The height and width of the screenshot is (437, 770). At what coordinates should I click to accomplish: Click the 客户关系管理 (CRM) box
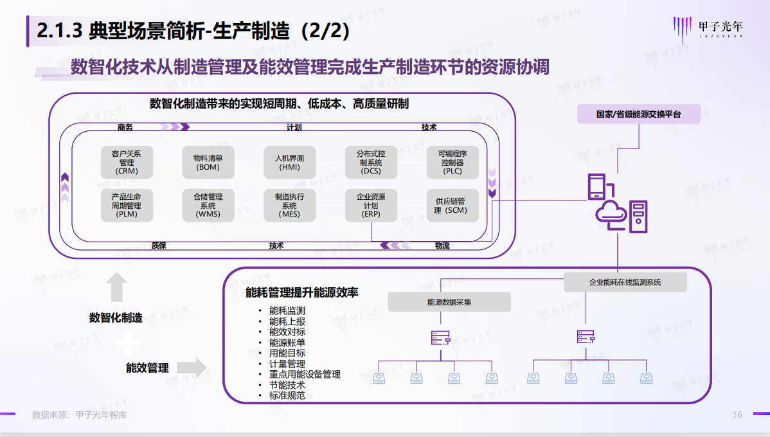tap(127, 163)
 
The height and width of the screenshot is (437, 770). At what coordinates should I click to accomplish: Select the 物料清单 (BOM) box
tap(208, 163)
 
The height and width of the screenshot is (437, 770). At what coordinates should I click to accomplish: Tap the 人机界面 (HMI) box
tap(289, 163)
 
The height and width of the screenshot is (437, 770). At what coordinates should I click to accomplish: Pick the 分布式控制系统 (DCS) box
tap(371, 163)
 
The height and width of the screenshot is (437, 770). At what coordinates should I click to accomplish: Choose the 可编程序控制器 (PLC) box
tap(452, 163)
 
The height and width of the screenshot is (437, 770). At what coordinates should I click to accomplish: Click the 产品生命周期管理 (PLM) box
tap(127, 206)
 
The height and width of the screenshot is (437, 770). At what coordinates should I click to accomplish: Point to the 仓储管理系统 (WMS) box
tap(208, 206)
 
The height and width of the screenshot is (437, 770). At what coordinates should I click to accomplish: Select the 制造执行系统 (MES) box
tap(289, 206)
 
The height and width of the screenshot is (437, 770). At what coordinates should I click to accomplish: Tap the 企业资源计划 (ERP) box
tap(371, 206)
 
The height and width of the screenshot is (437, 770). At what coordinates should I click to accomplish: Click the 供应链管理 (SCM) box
tap(452, 206)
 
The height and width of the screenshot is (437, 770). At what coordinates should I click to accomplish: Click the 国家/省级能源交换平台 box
tap(638, 114)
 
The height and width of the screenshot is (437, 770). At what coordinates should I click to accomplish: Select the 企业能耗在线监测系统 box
tap(625, 282)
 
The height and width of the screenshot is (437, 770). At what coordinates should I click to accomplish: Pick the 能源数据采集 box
tap(449, 302)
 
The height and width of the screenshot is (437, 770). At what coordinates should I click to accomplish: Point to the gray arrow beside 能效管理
tap(192, 368)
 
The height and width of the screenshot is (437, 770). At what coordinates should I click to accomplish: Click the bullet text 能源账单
tap(287, 343)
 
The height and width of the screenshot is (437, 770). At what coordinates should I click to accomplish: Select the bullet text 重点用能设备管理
tap(305, 374)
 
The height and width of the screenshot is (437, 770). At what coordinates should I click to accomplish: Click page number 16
tap(737, 415)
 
